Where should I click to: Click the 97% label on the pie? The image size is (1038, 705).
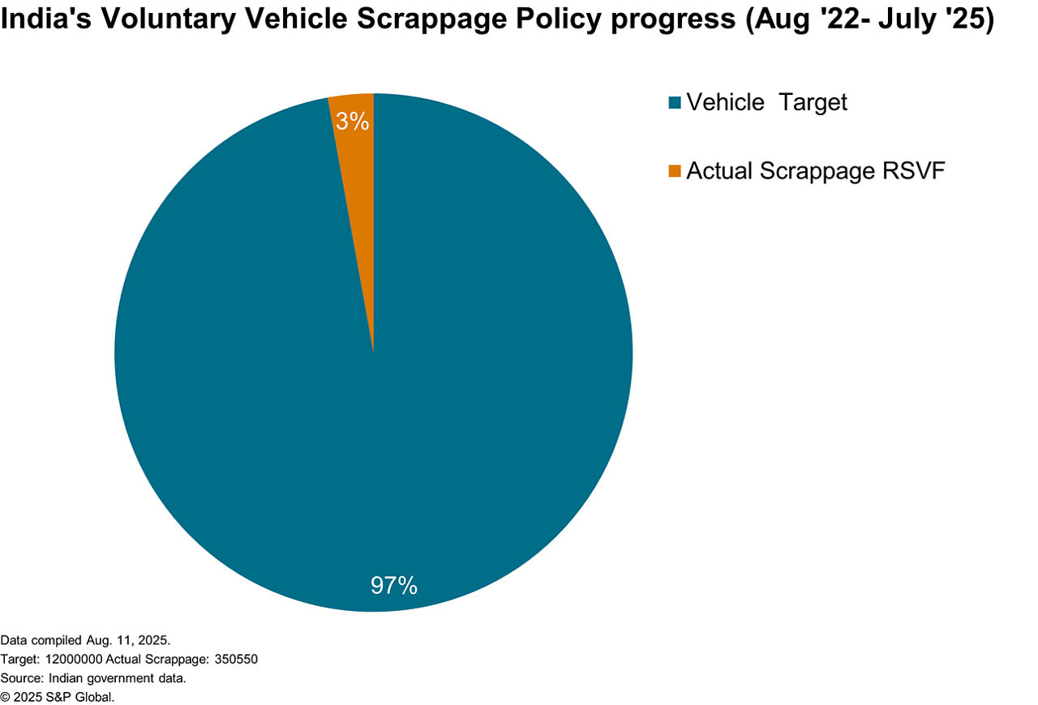pyautogui.click(x=393, y=585)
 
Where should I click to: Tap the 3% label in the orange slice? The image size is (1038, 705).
pyautogui.click(x=353, y=122)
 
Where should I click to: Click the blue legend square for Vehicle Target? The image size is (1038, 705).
pyautogui.click(x=675, y=103)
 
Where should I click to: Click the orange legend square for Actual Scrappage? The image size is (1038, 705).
pyautogui.click(x=675, y=171)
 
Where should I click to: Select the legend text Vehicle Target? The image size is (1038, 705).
pyautogui.click(x=766, y=102)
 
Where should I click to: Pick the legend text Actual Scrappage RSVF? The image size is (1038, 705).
pyautogui.click(x=816, y=171)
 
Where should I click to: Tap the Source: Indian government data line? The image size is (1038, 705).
pyautogui.click(x=93, y=677)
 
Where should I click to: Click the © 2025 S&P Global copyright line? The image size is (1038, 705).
pyautogui.click(x=58, y=696)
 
